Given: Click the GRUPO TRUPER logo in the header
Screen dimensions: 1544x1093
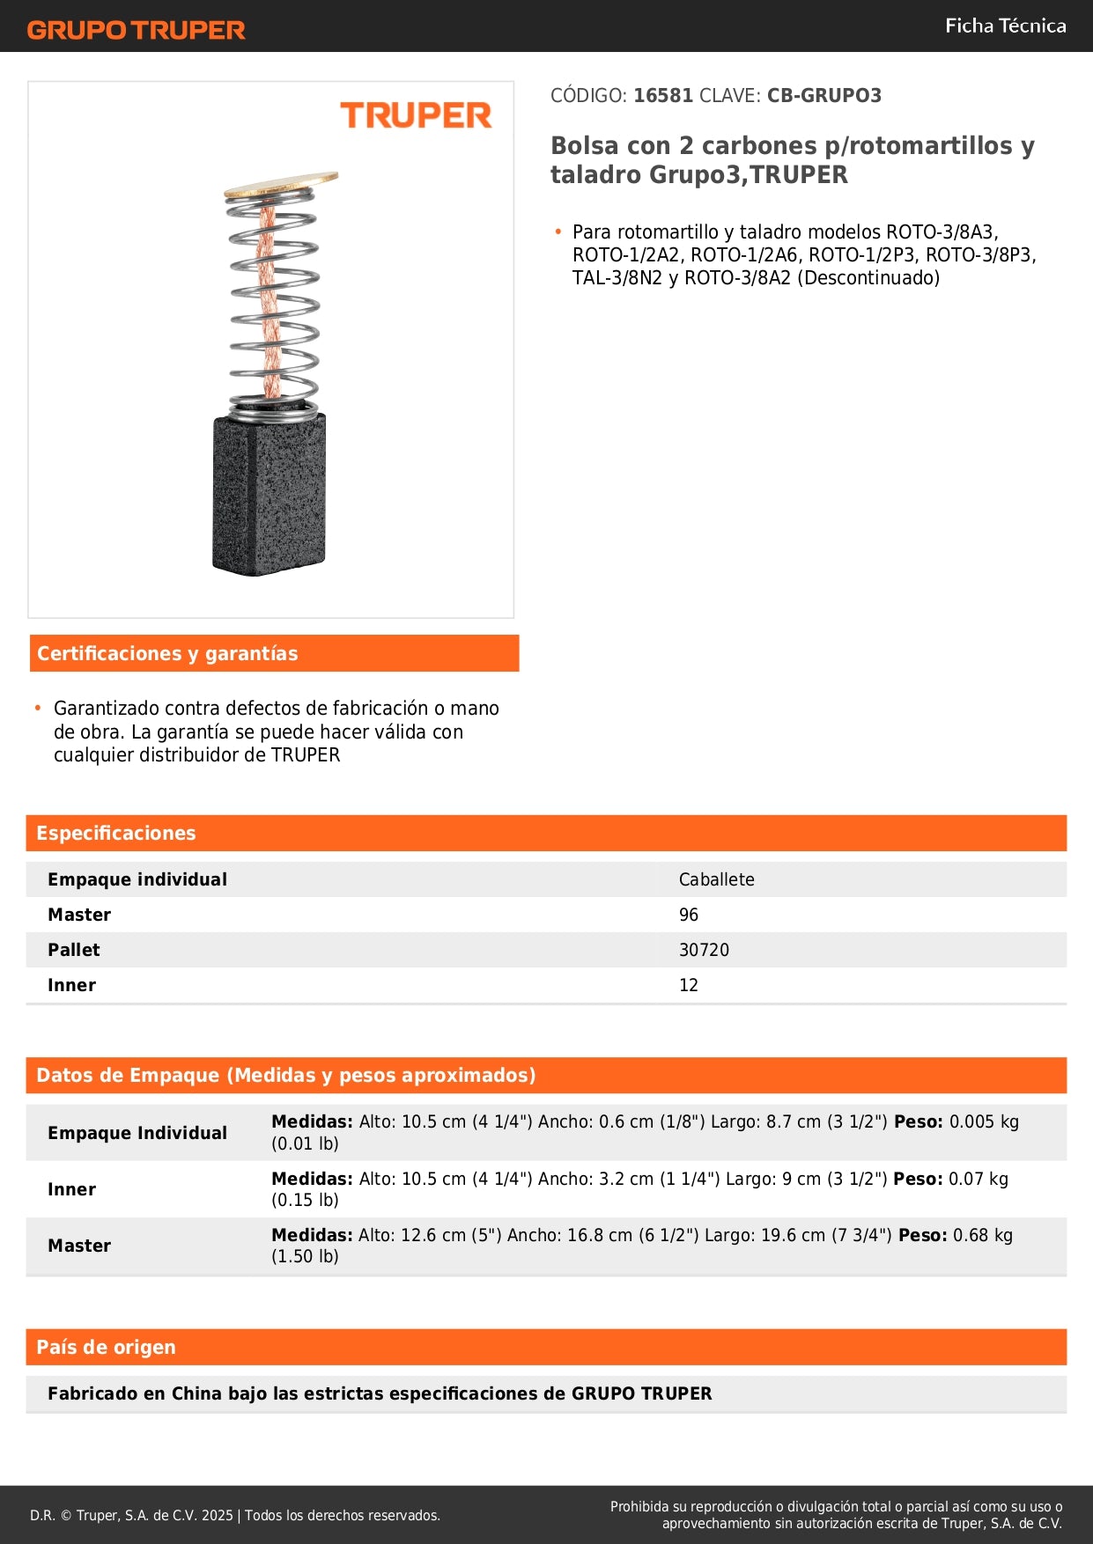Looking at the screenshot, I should coord(137,30).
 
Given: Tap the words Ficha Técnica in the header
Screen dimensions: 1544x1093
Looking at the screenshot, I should coord(1005,26).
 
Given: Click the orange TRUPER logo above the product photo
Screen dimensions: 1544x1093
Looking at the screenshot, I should coord(416,115).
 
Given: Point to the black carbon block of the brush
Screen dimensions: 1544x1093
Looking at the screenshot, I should coord(270,495).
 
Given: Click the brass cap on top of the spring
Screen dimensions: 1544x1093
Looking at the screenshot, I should coord(281,183).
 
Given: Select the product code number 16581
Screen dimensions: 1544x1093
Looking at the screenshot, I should coord(663,96).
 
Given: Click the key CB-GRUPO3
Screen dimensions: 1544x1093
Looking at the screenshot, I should coord(823,96).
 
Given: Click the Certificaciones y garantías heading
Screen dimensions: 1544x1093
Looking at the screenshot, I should coord(167,654).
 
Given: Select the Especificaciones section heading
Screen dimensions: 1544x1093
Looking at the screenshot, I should coord(116,834).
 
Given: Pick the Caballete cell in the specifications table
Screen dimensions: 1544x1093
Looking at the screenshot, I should coord(716,879).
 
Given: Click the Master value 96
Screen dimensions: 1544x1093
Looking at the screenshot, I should coord(689,915).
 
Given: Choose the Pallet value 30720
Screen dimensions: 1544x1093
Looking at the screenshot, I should coord(704,950).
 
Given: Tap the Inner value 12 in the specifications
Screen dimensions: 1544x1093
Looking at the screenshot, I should coord(689,985).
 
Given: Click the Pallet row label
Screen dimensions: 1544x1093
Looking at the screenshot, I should coord(74,950).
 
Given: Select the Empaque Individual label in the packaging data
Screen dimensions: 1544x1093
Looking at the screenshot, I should coord(137,1133).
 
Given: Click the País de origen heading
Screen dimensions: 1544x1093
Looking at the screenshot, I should coord(106,1348).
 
